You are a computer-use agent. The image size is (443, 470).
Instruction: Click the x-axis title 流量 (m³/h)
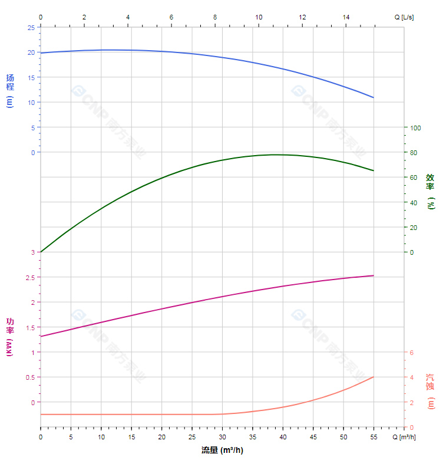tap(222, 451)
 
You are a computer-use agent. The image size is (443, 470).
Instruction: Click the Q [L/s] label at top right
tap(404, 17)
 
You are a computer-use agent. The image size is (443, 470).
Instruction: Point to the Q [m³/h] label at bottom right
tap(405, 437)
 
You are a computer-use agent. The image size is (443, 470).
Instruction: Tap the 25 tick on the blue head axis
tap(31, 27)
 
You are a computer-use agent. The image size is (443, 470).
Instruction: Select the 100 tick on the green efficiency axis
tap(415, 127)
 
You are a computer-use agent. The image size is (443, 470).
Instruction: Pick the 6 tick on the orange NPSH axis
tap(412, 353)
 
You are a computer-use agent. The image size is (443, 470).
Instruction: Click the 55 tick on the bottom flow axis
tap(373, 437)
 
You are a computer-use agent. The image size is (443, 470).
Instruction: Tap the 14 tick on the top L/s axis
tap(346, 17)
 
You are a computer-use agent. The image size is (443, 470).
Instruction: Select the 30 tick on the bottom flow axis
tap(222, 437)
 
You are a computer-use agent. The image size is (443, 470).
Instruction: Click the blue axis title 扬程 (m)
tap(10, 90)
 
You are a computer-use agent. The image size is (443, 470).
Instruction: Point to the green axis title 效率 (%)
tap(431, 190)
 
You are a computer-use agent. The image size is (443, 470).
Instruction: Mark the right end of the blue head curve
tap(373, 97)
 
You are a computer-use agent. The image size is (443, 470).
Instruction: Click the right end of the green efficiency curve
tap(373, 170)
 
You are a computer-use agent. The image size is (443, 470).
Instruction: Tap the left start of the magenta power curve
tap(41, 336)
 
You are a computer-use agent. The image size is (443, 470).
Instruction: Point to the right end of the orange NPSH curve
tap(373, 377)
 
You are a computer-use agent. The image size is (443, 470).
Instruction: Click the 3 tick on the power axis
tap(32, 252)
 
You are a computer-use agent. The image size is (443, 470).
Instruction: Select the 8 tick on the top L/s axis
tap(215, 17)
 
